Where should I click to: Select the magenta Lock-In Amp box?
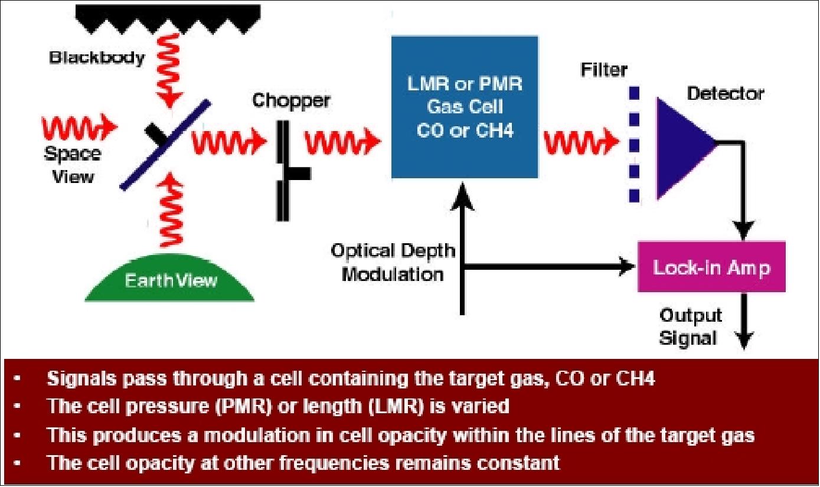pyautogui.click(x=711, y=267)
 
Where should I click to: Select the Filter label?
pyautogui.click(x=602, y=70)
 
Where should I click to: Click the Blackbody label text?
pyautogui.click(x=97, y=58)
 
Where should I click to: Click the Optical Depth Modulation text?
pyautogui.click(x=393, y=262)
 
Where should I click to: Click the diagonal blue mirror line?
pyautogui.click(x=165, y=144)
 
